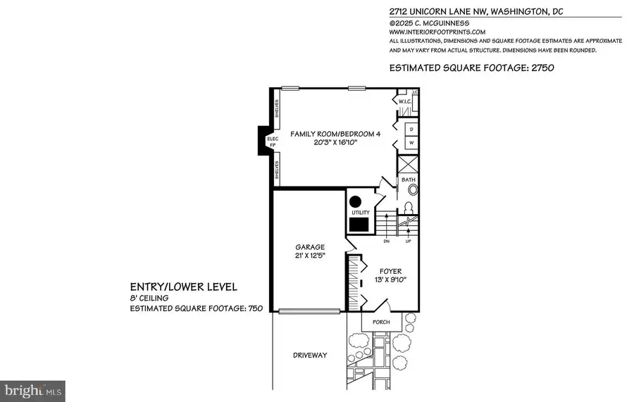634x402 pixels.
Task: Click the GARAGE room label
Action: click(310, 247)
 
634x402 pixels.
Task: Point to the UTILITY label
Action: click(361, 213)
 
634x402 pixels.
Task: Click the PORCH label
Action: click(381, 322)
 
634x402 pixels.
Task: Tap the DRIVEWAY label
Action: click(310, 356)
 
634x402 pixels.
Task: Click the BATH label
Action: click(409, 180)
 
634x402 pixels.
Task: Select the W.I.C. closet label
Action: click(404, 101)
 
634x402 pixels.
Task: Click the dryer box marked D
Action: click(411, 129)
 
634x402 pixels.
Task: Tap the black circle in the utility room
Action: click(356, 200)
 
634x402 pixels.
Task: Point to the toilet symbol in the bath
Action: click(409, 208)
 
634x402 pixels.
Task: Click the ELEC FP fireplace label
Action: click(273, 142)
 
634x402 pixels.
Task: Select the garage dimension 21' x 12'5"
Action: click(310, 256)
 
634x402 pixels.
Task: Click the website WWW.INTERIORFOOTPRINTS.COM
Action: click(437, 32)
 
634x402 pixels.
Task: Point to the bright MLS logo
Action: click(33, 388)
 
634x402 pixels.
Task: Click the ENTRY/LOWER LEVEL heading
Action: click(183, 287)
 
